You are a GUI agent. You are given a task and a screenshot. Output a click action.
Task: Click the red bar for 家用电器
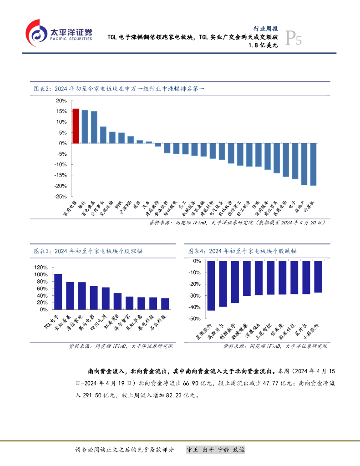[76, 126]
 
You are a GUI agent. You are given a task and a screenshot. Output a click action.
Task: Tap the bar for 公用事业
[103, 135]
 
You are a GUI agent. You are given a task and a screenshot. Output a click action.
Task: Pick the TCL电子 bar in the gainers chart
[58, 292]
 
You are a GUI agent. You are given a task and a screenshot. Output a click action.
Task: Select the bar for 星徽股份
[211, 286]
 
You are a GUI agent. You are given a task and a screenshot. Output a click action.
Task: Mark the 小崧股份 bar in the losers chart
[318, 277]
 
